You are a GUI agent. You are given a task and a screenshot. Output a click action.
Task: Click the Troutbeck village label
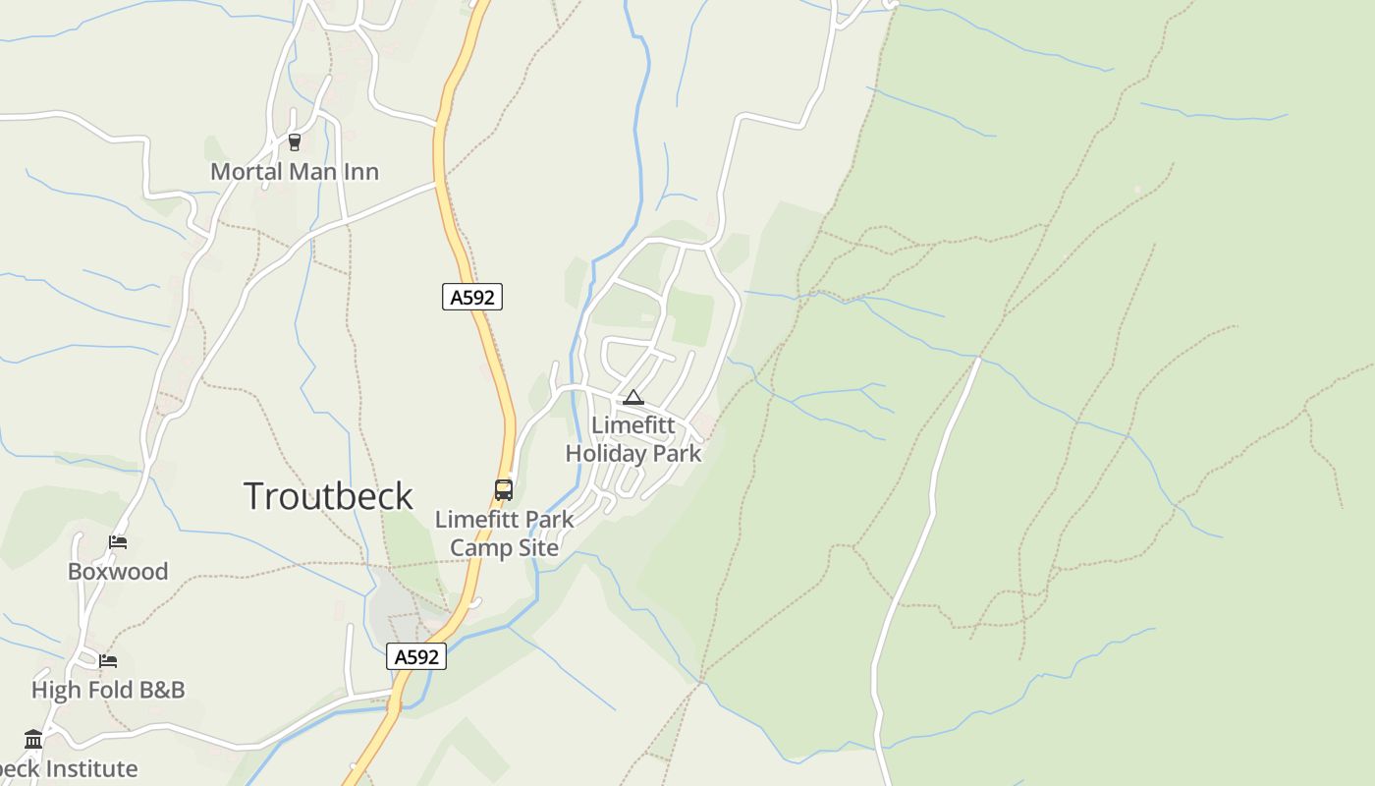[x=328, y=496]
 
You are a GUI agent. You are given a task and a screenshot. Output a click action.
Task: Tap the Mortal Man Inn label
[x=295, y=171]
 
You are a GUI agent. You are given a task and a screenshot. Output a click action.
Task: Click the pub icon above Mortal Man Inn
[x=294, y=142]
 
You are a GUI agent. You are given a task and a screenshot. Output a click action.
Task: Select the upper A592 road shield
[x=472, y=297]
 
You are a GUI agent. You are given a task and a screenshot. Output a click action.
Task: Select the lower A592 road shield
[x=416, y=656]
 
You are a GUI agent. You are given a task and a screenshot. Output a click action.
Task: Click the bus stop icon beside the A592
[x=504, y=489]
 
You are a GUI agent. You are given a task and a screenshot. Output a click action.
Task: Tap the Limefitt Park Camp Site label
[x=505, y=533]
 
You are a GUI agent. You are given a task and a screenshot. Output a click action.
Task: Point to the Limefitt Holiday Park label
[x=633, y=439]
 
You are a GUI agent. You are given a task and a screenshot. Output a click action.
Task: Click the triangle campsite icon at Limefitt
[x=633, y=398]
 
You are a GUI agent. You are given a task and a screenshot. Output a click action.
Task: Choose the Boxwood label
[x=118, y=571]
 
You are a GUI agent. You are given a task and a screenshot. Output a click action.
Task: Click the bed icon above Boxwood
[x=118, y=542]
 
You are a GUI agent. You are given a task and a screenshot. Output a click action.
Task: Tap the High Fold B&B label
[x=108, y=690]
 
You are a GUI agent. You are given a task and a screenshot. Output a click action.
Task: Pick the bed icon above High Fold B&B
[x=108, y=661]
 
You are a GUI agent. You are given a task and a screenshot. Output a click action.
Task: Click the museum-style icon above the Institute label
[x=33, y=739]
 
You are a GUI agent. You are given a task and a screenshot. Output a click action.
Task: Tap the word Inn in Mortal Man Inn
[x=359, y=171]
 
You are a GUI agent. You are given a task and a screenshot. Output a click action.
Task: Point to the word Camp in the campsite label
[x=478, y=547]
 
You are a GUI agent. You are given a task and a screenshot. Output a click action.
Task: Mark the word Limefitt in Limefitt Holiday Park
[x=633, y=425]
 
